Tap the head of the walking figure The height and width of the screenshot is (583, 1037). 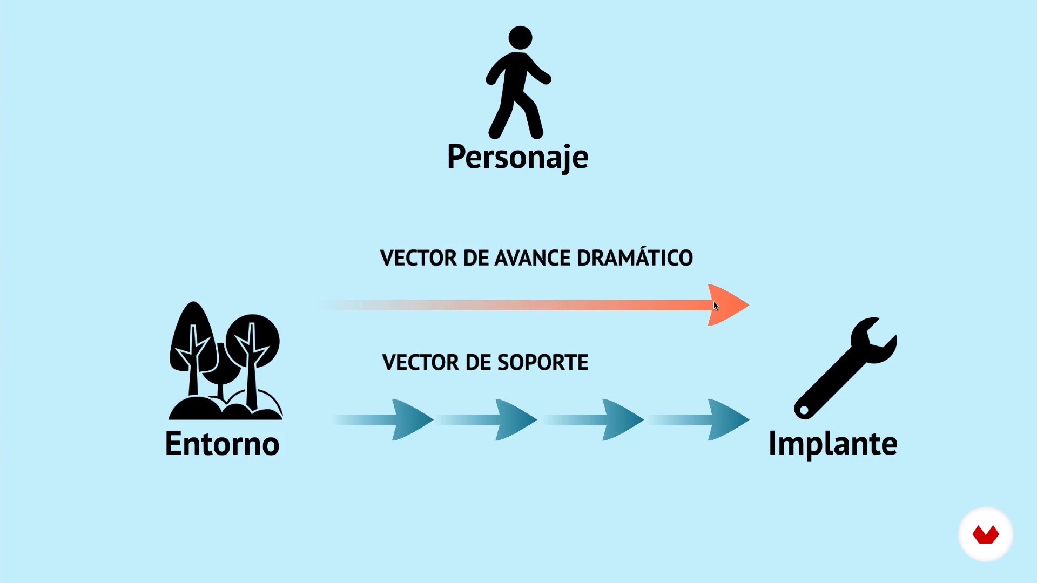tap(521, 38)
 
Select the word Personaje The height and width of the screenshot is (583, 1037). tap(517, 157)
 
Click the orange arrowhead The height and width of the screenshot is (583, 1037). tap(728, 305)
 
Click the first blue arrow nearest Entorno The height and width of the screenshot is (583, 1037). tap(383, 419)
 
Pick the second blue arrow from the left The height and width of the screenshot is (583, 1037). tap(486, 419)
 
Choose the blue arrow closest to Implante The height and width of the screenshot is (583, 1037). tap(699, 419)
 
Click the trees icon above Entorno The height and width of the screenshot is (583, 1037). tap(225, 361)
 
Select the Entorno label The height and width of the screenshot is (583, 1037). tap(222, 444)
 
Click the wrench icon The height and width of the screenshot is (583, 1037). tap(845, 368)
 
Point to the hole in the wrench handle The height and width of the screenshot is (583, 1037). tap(804, 410)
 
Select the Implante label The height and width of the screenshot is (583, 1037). tap(833, 444)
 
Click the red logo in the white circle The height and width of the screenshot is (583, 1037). tap(986, 534)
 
